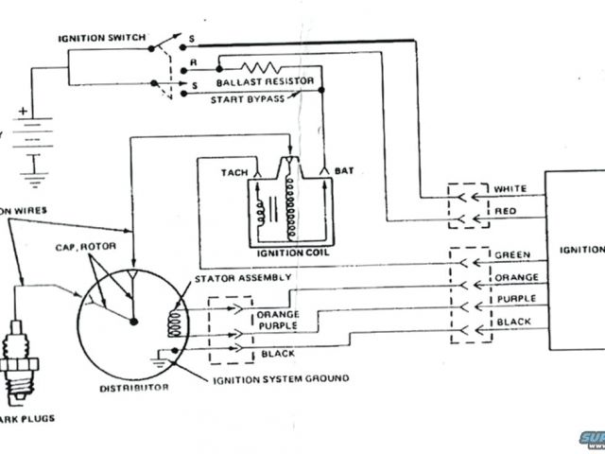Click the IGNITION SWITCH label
(x=102, y=38)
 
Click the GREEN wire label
(x=511, y=255)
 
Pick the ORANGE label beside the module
(x=515, y=278)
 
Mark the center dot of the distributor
(x=133, y=322)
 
